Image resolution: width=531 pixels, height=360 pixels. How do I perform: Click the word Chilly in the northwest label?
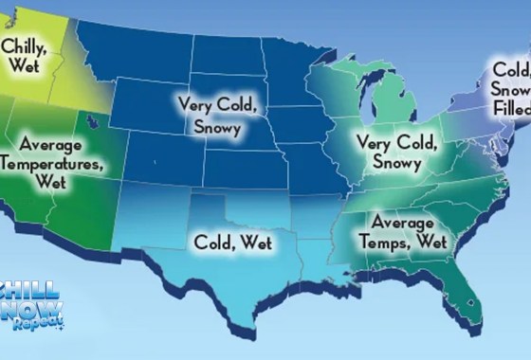pos(25,45)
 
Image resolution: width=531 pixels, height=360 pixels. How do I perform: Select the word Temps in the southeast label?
pos(378,243)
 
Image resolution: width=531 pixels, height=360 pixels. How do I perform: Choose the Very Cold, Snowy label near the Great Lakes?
pos(395,152)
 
